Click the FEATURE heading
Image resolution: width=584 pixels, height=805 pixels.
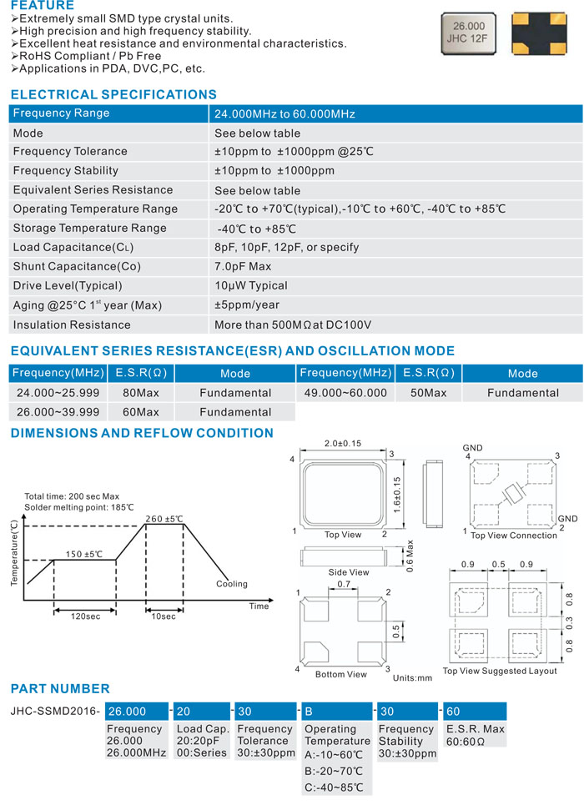pyautogui.click(x=43, y=6)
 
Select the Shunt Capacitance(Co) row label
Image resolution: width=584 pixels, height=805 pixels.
pyautogui.click(x=77, y=267)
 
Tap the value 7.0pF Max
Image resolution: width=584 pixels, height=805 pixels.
pyautogui.click(x=243, y=267)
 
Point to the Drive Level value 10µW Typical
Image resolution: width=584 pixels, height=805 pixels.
pyautogui.click(x=251, y=286)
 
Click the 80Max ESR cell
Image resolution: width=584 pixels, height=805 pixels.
pyautogui.click(x=141, y=393)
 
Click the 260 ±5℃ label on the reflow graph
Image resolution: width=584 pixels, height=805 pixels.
pyautogui.click(x=164, y=518)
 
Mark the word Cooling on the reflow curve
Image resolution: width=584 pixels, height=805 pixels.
pyautogui.click(x=232, y=584)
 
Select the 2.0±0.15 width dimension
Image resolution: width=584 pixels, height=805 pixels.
pyautogui.click(x=342, y=444)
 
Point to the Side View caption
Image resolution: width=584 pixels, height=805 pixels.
pyautogui.click(x=349, y=572)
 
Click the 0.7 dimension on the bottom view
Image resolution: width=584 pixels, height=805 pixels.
pyautogui.click(x=344, y=586)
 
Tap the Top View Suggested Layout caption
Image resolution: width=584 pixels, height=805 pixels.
pyautogui.click(x=500, y=671)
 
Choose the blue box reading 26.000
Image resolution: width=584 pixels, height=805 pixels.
pyautogui.click(x=136, y=712)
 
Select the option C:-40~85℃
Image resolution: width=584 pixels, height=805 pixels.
pyautogui.click(x=333, y=788)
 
